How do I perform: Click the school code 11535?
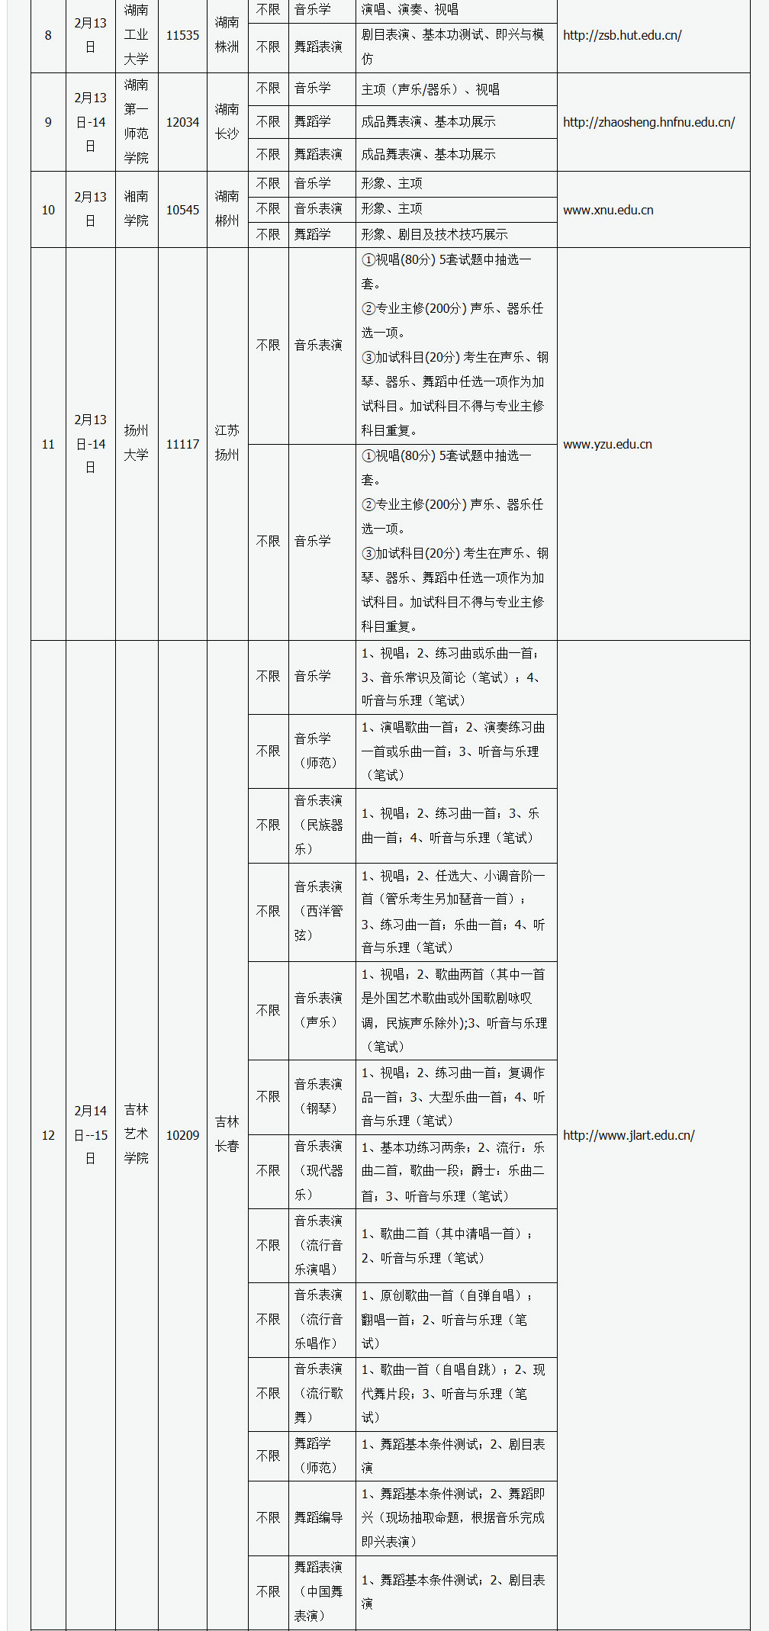[x=182, y=35]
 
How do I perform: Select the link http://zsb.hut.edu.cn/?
[x=622, y=35]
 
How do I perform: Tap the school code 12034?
[x=182, y=122]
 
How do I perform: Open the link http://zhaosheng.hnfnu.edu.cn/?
[x=648, y=122]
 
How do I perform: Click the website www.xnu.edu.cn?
[x=608, y=210]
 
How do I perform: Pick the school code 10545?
[x=182, y=210]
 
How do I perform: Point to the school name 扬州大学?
[x=137, y=443]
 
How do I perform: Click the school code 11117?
[x=182, y=444]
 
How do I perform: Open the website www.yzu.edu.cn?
[x=607, y=444]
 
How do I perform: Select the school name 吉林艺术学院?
[x=137, y=1134]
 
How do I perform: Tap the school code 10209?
[x=182, y=1135]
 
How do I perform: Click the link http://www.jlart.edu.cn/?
[x=629, y=1135]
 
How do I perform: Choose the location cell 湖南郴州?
[x=227, y=209]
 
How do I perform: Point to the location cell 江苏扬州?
[x=227, y=443]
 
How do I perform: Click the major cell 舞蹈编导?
[x=318, y=1517]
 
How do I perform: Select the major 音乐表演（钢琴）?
[x=318, y=1096]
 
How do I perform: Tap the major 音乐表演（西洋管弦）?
[x=318, y=911]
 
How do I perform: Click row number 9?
[x=48, y=122]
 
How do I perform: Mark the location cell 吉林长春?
[x=227, y=1134]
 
